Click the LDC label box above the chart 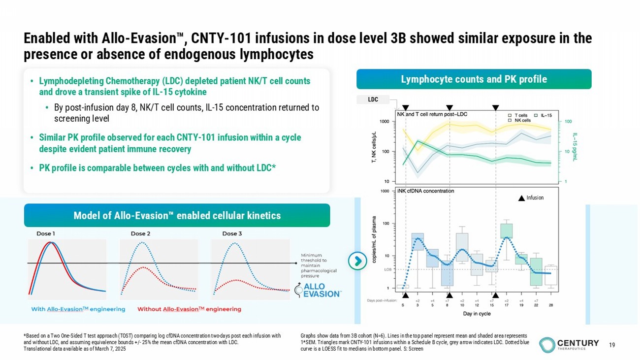(x=373, y=99)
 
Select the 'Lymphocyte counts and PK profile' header (x=474, y=79)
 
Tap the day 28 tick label (x=551, y=305)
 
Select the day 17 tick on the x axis (x=506, y=305)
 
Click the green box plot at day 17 (x=507, y=231)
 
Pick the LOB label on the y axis (x=388, y=269)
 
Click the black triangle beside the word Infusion (x=521, y=198)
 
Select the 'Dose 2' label (x=141, y=233)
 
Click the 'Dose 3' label (x=232, y=233)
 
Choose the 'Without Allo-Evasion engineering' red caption (x=189, y=309)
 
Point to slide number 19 (x=612, y=345)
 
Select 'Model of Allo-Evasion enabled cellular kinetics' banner (x=177, y=215)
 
